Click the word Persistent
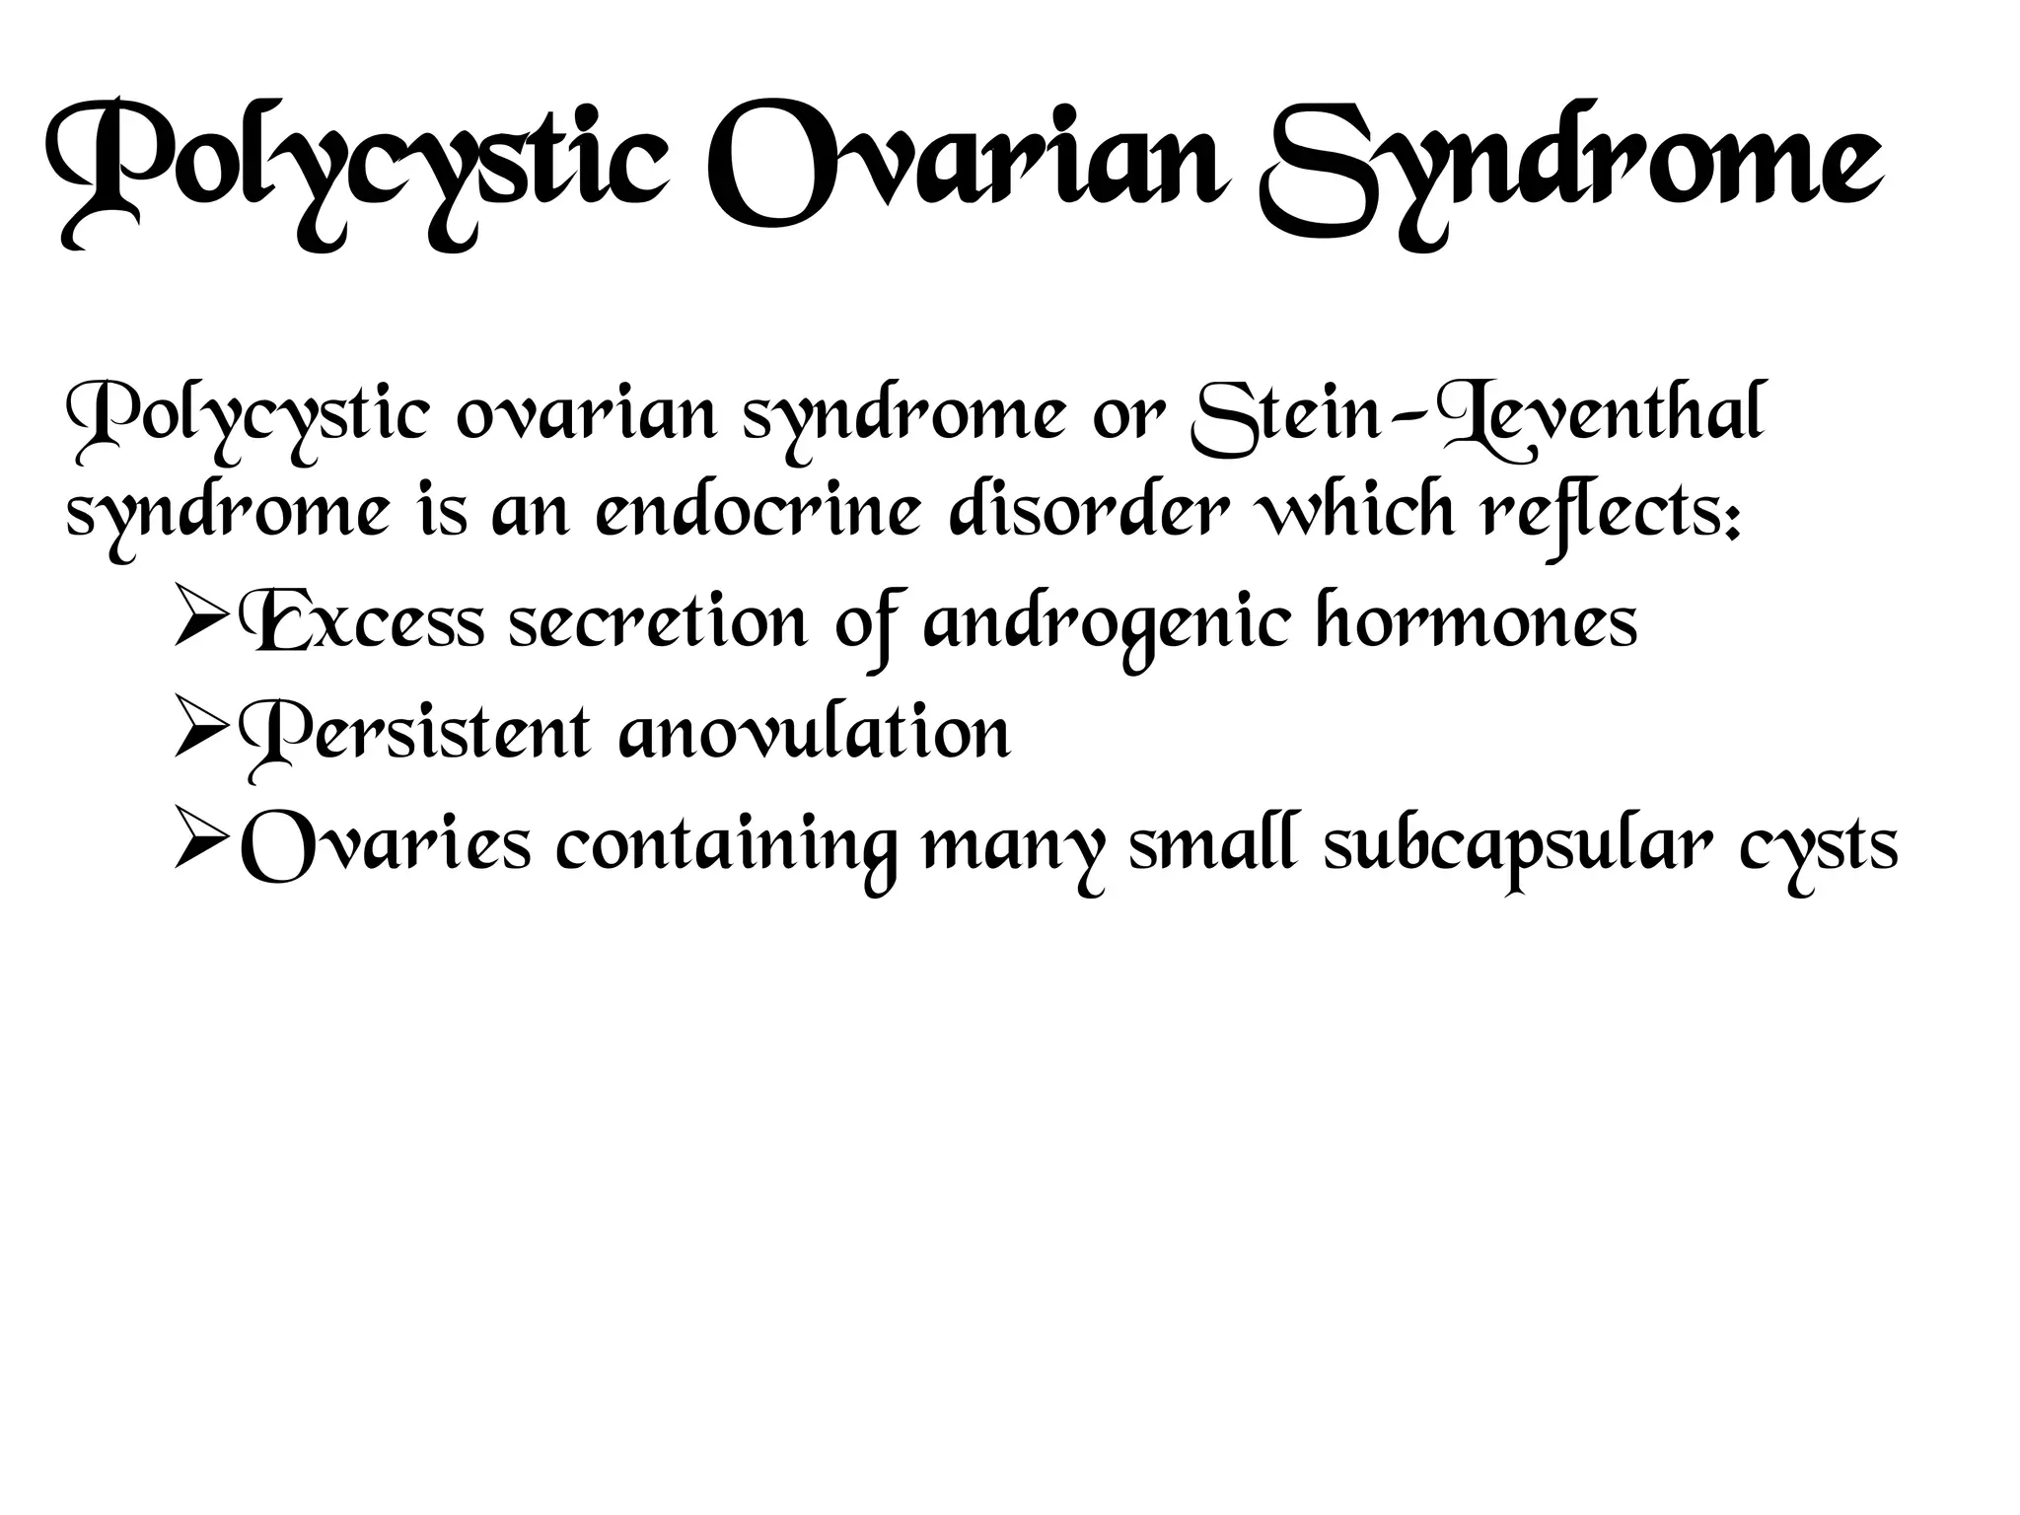[x=415, y=736]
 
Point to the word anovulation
[x=815, y=736]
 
